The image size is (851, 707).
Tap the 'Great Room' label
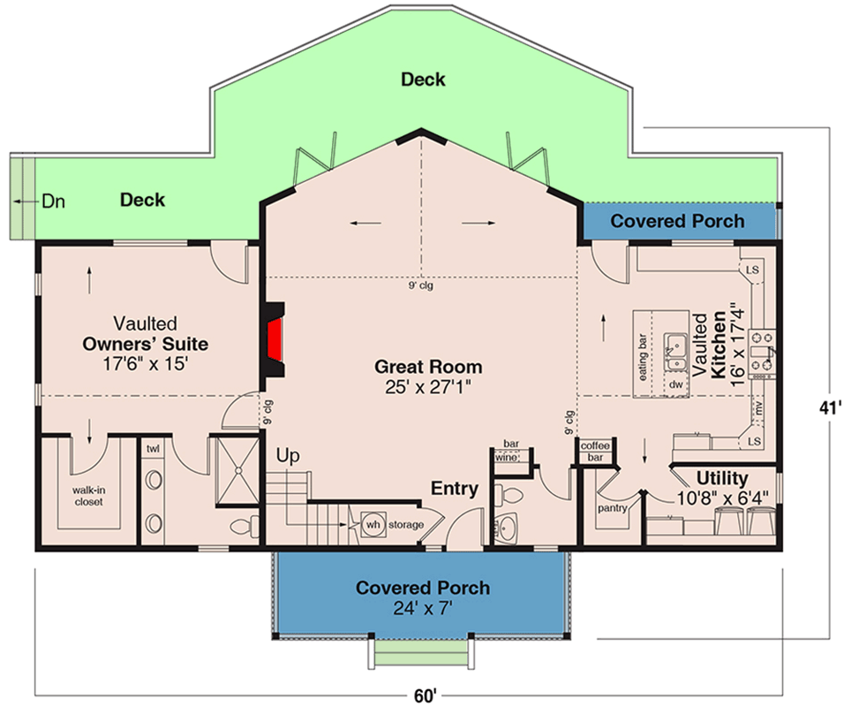428,366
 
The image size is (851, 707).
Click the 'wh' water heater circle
373,524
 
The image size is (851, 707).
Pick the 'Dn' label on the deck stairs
53,201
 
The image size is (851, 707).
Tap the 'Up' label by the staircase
288,457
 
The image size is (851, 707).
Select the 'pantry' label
611,508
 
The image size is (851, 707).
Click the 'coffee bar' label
595,452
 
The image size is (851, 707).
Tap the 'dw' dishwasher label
675,384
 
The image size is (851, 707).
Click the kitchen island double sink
677,351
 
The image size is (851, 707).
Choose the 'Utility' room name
722,478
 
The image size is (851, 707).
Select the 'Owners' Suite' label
145,343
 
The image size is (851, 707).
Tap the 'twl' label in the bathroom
154,449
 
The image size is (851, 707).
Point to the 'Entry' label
455,488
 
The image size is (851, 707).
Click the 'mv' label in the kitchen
757,407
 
